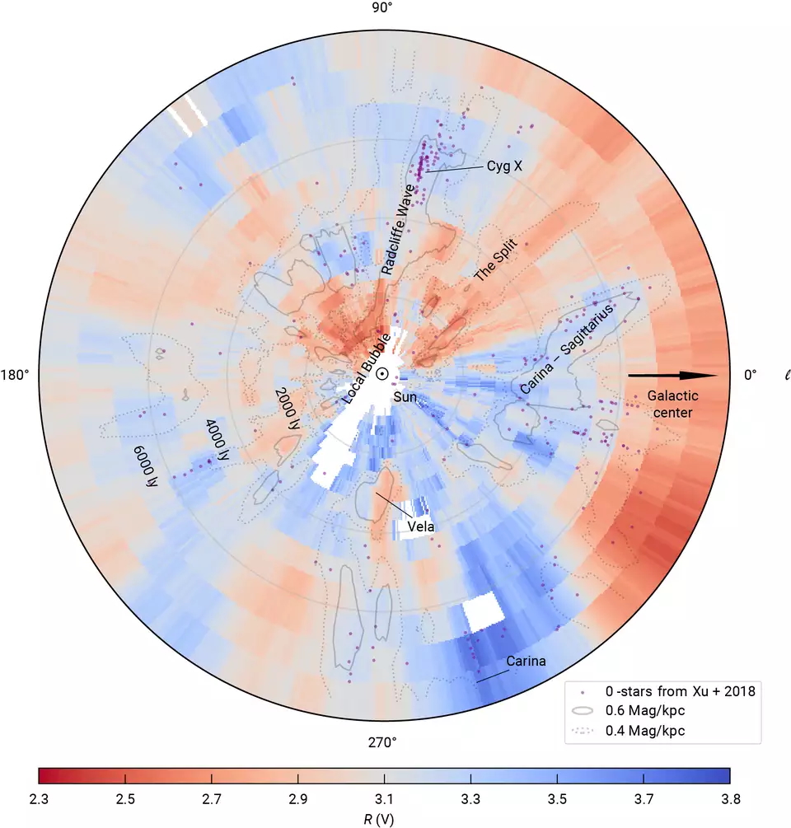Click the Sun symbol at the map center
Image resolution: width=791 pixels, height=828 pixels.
[x=383, y=374]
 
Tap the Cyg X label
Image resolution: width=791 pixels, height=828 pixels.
[x=504, y=166]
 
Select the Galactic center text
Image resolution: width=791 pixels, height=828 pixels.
[x=669, y=404]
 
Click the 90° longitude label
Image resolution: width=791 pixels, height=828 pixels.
[x=382, y=8]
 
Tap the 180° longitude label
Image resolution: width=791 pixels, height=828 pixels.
[x=14, y=375]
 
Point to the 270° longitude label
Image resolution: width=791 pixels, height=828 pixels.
[x=382, y=742]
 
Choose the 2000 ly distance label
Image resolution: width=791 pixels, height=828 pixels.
[x=288, y=410]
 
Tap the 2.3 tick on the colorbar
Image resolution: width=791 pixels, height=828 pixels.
[x=39, y=799]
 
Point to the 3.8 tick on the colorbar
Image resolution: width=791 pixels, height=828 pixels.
[x=730, y=799]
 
